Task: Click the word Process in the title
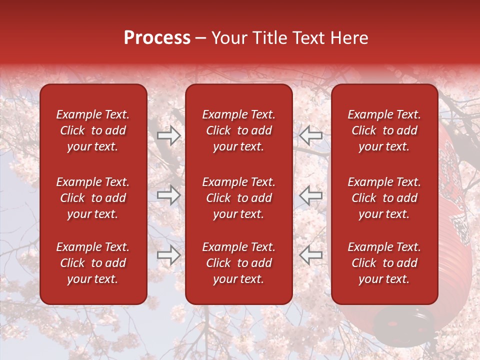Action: tap(157, 38)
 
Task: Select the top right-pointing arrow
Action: tap(168, 135)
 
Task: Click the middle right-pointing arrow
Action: tap(168, 195)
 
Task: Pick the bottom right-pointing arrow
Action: tap(168, 255)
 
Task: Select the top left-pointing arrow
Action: tap(311, 135)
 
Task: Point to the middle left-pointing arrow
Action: tap(311, 195)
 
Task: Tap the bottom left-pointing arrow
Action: tap(311, 255)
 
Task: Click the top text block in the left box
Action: tap(93, 130)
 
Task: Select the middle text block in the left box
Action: tap(93, 198)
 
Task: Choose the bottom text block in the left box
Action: tap(93, 263)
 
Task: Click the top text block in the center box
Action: tap(238, 130)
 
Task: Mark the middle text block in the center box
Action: tap(238, 198)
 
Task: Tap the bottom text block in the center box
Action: tap(238, 263)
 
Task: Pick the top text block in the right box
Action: tap(384, 130)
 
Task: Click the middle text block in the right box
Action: tap(384, 198)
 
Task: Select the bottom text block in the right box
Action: tap(384, 263)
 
